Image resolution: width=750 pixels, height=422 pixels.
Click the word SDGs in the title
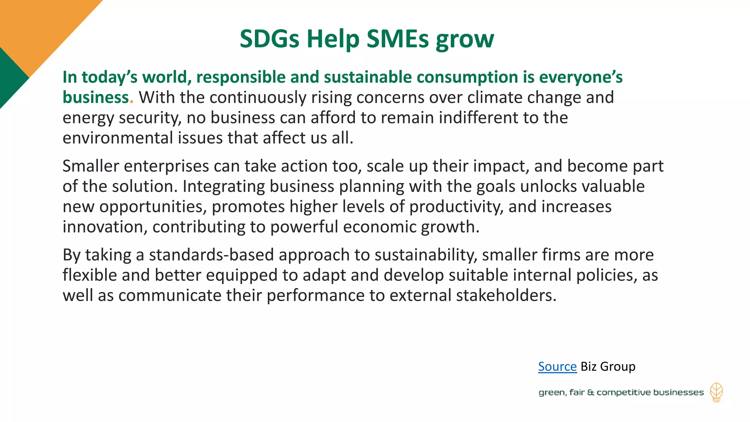(269, 39)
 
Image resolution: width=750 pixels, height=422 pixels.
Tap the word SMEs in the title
(397, 39)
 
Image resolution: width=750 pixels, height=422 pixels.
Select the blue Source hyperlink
(557, 366)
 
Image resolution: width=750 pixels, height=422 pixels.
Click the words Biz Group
(608, 366)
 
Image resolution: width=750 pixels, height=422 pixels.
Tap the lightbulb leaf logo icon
(716, 392)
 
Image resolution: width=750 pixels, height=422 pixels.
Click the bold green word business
(96, 97)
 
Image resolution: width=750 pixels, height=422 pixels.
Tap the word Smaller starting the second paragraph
(90, 166)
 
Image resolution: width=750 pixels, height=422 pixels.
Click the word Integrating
(224, 186)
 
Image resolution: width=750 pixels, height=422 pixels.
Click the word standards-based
(211, 255)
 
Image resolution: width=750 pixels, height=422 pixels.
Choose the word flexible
(90, 275)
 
